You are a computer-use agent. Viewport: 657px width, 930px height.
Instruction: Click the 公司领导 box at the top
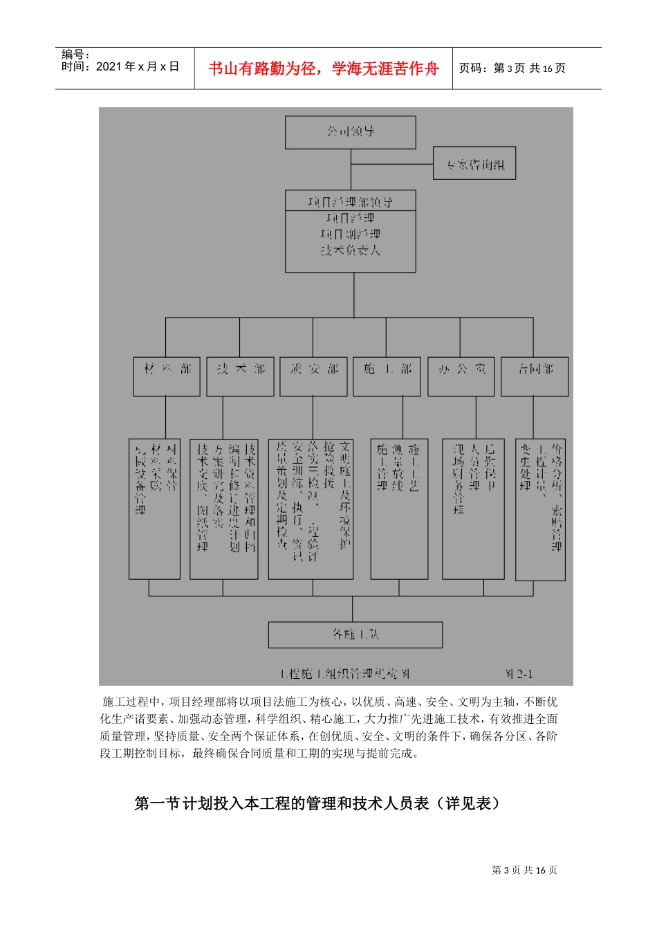pyautogui.click(x=351, y=132)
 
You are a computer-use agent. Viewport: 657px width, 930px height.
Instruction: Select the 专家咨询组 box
pyautogui.click(x=474, y=164)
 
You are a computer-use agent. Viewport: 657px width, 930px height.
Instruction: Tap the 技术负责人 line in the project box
pyautogui.click(x=350, y=250)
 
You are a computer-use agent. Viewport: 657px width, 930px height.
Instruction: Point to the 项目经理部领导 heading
pyautogui.click(x=350, y=201)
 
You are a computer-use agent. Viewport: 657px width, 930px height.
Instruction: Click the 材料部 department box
pyautogui.click(x=167, y=376)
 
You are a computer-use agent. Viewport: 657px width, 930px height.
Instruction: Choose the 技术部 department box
pyautogui.click(x=240, y=376)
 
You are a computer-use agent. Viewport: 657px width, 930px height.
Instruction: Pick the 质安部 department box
pyautogui.click(x=313, y=376)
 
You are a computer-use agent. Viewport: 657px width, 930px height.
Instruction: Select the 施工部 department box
pyautogui.click(x=387, y=376)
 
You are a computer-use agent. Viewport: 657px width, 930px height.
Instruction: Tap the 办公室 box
pyautogui.click(x=461, y=376)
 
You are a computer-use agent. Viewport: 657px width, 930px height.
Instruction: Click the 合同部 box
pyautogui.click(x=535, y=376)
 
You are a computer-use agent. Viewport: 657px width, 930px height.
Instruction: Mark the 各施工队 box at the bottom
pyautogui.click(x=355, y=634)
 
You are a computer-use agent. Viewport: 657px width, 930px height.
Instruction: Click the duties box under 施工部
pyautogui.click(x=399, y=509)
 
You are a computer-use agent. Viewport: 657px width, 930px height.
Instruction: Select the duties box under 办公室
pyautogui.click(x=474, y=509)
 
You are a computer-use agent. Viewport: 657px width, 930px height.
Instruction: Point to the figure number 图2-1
pyautogui.click(x=519, y=673)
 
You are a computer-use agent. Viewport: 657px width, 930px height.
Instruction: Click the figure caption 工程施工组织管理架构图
pyautogui.click(x=345, y=673)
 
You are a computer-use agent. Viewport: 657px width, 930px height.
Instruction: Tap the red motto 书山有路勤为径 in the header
pyautogui.click(x=323, y=69)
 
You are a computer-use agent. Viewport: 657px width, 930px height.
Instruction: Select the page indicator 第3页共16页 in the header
pyautogui.click(x=512, y=69)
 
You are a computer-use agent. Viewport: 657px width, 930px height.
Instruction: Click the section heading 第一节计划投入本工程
pyautogui.click(x=317, y=803)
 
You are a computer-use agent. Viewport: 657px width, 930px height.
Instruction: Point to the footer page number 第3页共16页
pyautogui.click(x=524, y=870)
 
